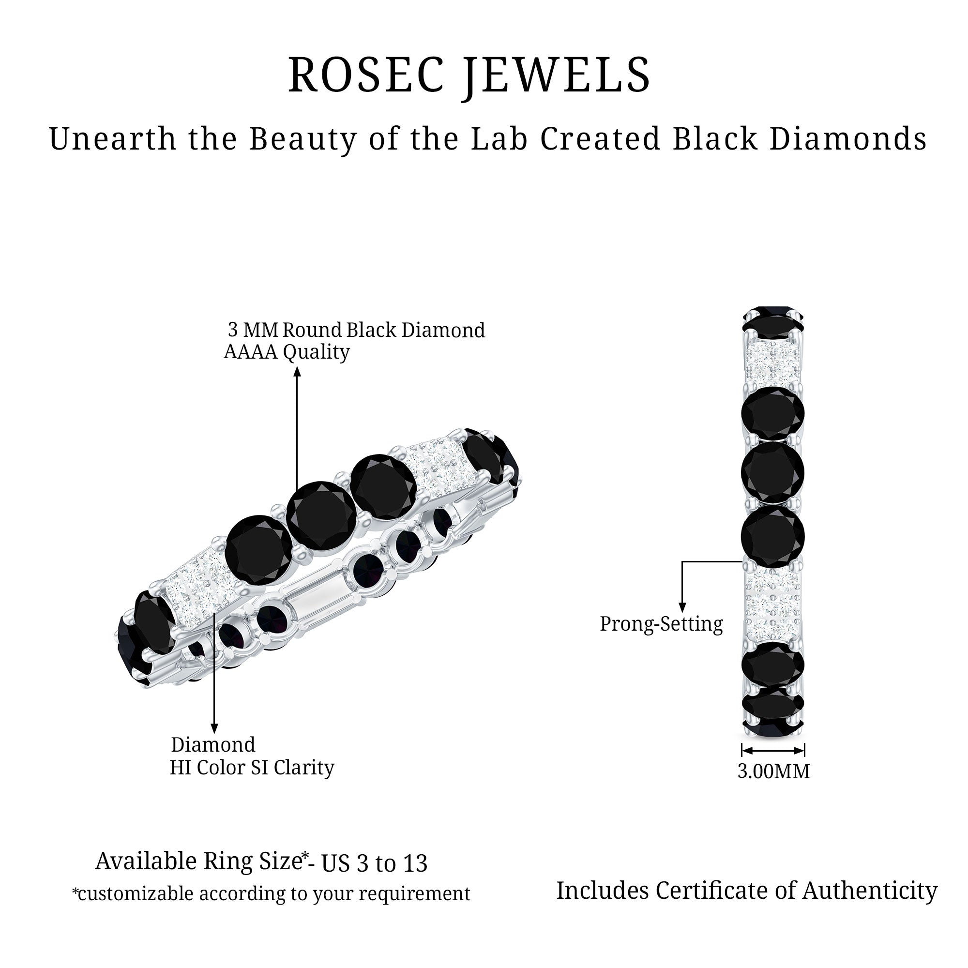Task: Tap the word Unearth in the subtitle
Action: (x=113, y=138)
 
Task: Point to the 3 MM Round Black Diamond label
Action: (x=356, y=330)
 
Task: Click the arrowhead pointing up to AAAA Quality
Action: (x=297, y=371)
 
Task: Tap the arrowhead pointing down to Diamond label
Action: (x=214, y=728)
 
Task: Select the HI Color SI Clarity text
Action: (x=252, y=768)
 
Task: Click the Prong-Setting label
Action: (x=661, y=624)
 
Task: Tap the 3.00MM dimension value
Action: (x=773, y=771)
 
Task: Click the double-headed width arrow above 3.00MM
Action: (x=773, y=750)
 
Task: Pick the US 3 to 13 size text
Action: (x=374, y=863)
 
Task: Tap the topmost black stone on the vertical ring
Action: (x=773, y=318)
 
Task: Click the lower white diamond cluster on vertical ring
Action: (x=773, y=606)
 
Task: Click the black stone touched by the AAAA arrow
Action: (x=322, y=515)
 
